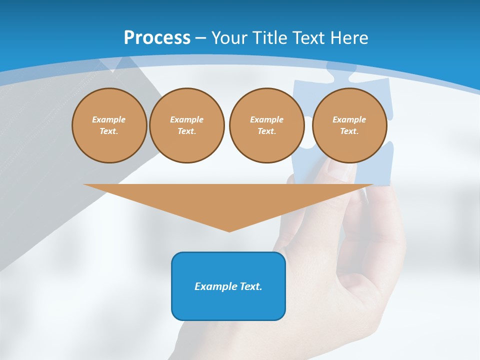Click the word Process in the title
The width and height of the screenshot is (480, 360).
point(157,38)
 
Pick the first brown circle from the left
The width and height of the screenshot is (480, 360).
point(109,125)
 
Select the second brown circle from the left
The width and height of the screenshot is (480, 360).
point(186,125)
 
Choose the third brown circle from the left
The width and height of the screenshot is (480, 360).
point(266,125)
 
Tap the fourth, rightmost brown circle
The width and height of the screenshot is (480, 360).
point(349,125)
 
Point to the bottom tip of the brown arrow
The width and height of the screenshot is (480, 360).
point(229,231)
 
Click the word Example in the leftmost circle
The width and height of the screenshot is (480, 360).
point(109,119)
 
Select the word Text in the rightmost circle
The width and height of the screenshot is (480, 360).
point(349,131)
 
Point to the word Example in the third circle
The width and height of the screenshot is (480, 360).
point(266,119)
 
